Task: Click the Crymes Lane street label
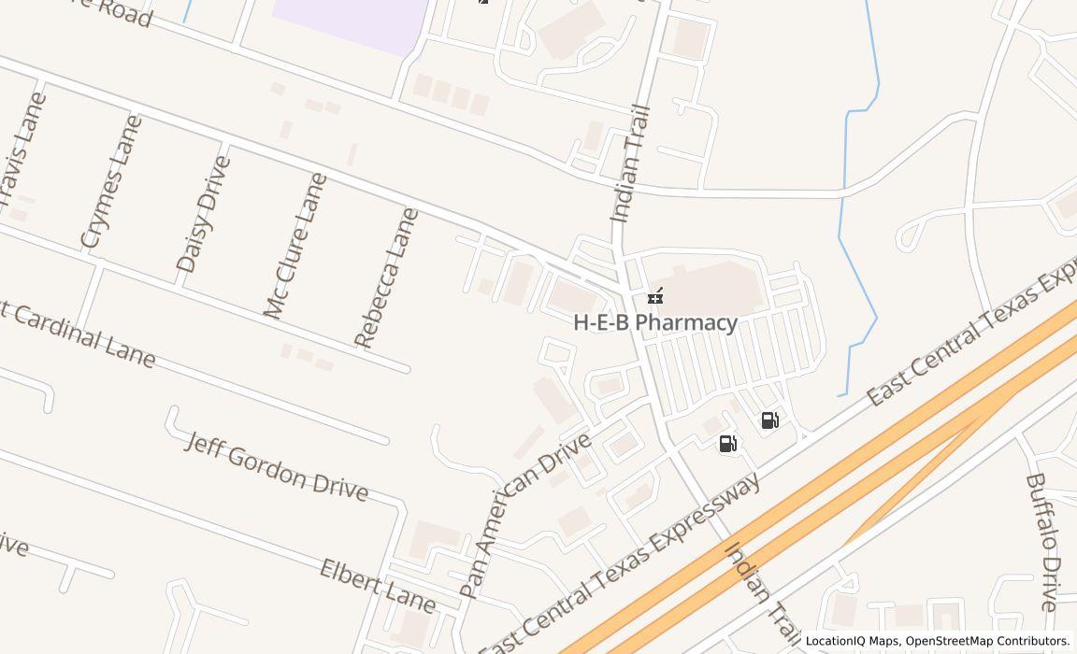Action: [111, 182]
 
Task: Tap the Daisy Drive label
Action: [203, 214]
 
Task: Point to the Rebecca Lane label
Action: [386, 277]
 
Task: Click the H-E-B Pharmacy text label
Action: [655, 322]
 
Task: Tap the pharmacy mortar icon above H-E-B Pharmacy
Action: [655, 297]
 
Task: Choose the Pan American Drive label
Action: [526, 514]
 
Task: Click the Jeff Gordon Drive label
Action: [276, 465]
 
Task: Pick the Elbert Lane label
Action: [377, 586]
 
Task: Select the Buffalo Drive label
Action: [1041, 541]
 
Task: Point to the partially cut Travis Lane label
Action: [22, 149]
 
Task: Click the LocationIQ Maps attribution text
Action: [852, 642]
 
